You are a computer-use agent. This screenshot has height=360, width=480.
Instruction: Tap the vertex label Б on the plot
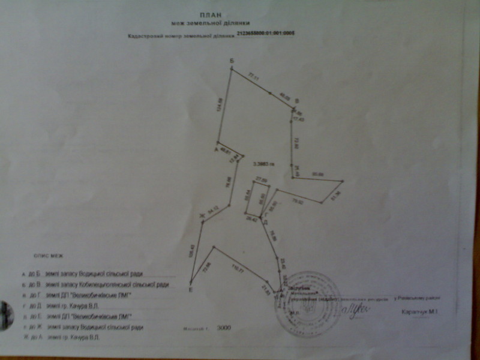point(232,61)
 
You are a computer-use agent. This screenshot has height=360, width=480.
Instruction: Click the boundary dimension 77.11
point(253,76)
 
